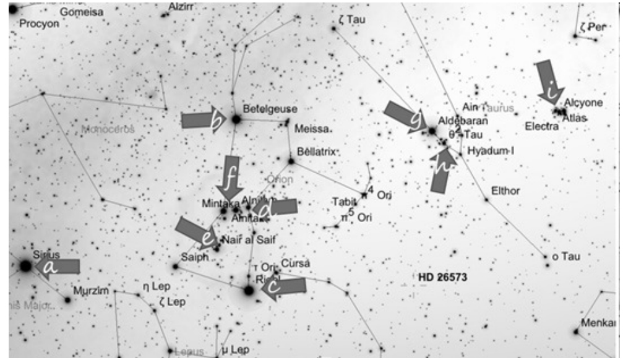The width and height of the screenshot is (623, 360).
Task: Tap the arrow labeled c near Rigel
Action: [x=284, y=287]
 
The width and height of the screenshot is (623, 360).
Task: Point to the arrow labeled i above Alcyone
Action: [x=548, y=80]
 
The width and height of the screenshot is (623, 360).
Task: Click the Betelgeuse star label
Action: [x=270, y=108]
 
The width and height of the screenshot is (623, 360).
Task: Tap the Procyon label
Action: [x=39, y=24]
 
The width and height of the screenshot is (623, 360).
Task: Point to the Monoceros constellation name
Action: [x=108, y=129]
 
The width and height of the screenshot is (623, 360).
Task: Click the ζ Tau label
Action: [x=352, y=20]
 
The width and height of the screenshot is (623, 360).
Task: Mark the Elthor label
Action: [x=505, y=191]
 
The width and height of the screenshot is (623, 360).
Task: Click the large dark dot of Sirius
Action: [x=25, y=265]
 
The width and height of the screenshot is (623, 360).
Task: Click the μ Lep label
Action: [x=234, y=350]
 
